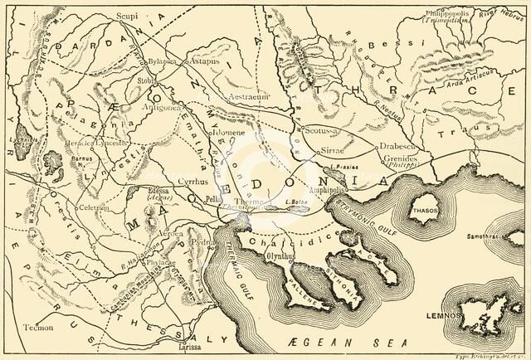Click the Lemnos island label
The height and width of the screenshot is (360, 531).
pyautogui.click(x=489, y=315)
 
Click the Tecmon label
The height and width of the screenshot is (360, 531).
pyautogui.click(x=37, y=325)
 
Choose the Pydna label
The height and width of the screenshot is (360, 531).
pyautogui.click(x=202, y=242)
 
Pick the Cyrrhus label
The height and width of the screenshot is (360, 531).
pyautogui.click(x=188, y=180)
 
